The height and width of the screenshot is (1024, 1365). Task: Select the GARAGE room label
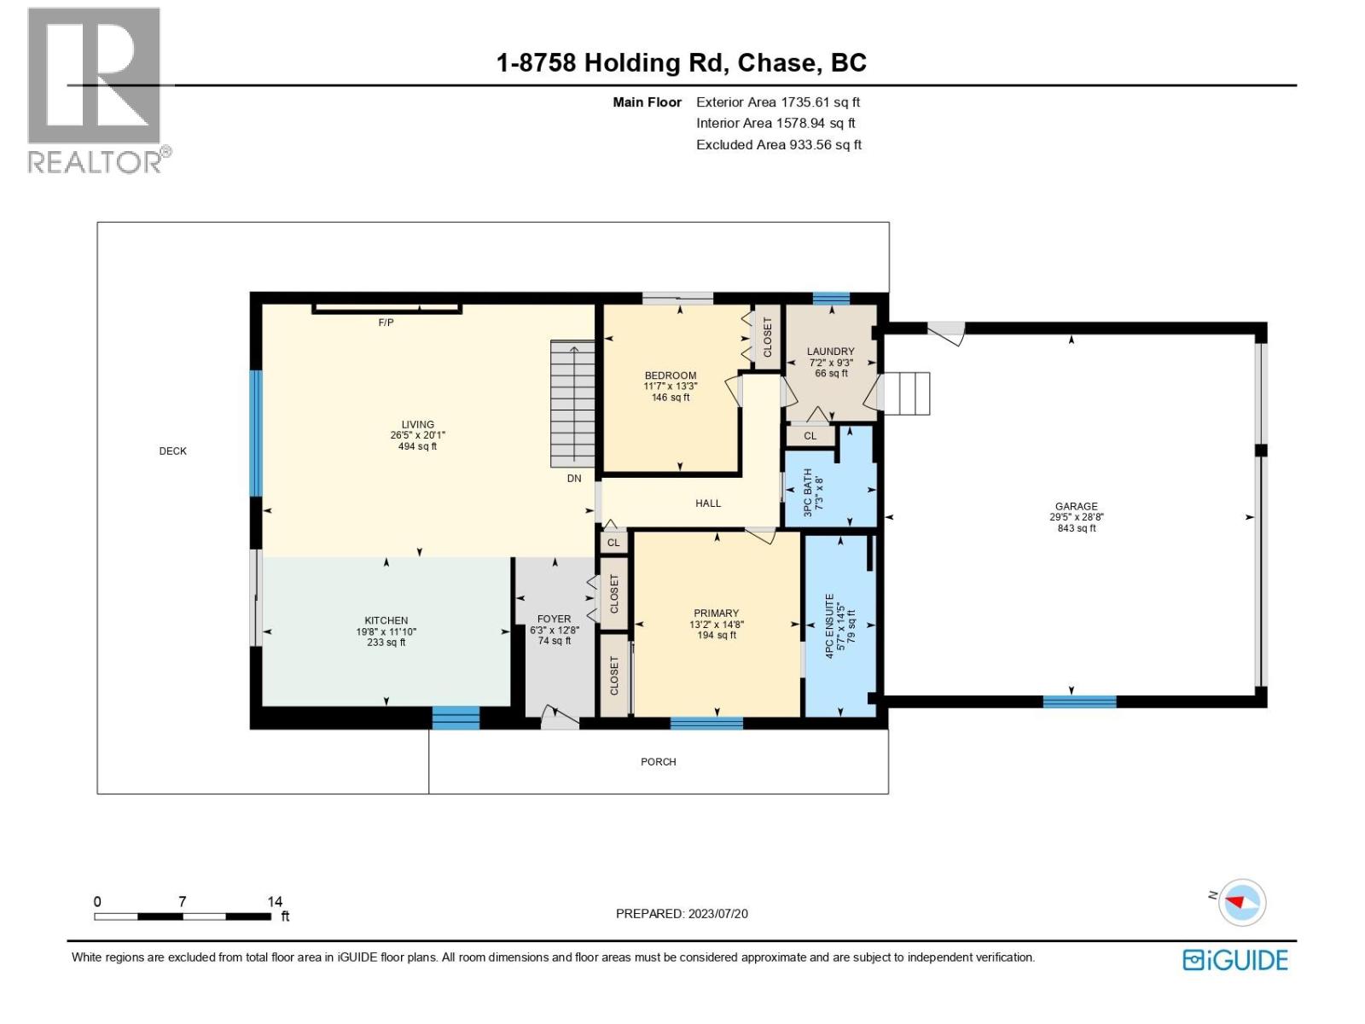(x=1076, y=516)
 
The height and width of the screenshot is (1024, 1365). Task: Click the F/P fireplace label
(x=386, y=322)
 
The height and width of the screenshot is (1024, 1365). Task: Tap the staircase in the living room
(x=572, y=404)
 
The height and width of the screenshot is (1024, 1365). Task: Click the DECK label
(x=172, y=451)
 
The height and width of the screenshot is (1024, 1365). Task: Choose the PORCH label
(x=658, y=761)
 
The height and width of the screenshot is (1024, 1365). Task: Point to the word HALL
(x=708, y=503)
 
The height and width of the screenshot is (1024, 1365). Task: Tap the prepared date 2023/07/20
(x=717, y=913)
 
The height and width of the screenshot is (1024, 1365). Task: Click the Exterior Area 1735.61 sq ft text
(x=777, y=102)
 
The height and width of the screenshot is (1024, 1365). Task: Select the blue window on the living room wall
(x=256, y=433)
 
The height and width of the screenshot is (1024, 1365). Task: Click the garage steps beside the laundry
(x=906, y=393)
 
